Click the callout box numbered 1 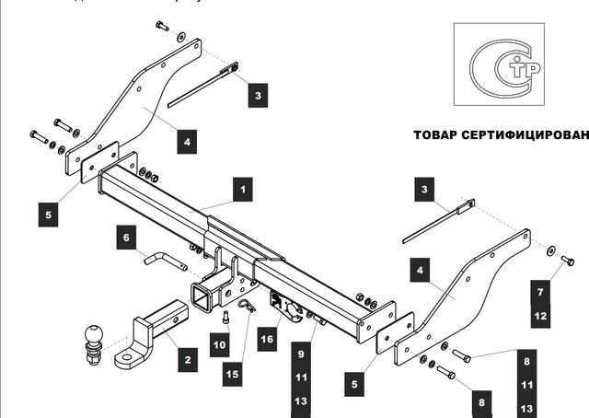[242, 191]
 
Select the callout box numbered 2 [187, 358]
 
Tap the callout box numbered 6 [127, 237]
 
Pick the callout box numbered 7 [541, 294]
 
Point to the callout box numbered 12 [541, 316]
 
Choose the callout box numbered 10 [218, 346]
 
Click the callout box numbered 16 [267, 339]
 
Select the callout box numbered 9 [301, 353]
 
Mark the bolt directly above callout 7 [567, 261]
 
